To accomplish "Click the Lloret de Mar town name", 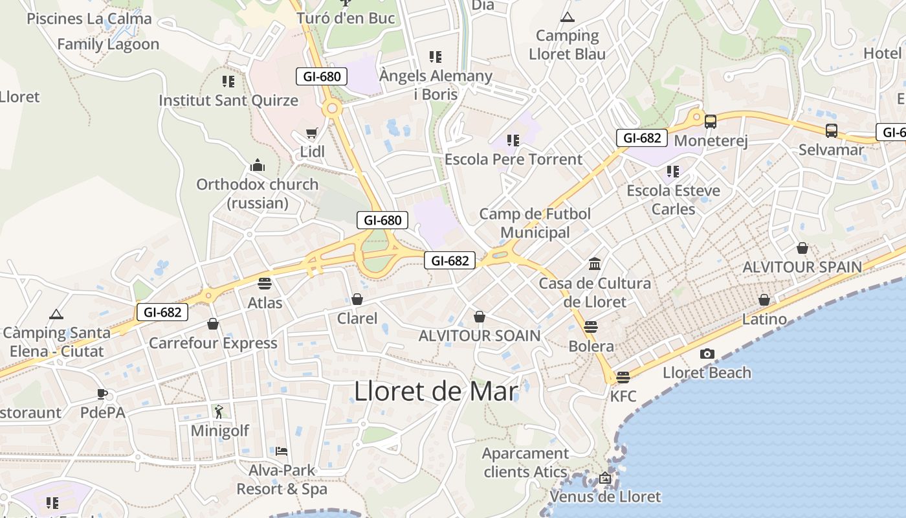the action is point(436,392).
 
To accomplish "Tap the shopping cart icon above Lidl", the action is point(312,133).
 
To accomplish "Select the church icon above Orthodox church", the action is point(258,165).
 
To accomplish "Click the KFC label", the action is point(623,396).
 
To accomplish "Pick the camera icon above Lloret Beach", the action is point(707,354).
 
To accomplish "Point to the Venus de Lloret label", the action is point(605,497).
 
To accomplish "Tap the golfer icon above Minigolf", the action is point(219,411).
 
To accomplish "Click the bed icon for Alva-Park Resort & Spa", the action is point(282,451).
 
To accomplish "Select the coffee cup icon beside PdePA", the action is point(102,394).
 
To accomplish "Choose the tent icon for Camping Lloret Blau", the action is point(568,17).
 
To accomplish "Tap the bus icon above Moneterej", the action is point(711,121).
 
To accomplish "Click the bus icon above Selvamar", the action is point(832,130).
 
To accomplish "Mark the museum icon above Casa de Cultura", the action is point(595,264).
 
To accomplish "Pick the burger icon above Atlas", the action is point(265,283).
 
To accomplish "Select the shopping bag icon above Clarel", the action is point(357,298).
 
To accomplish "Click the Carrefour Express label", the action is point(213,343).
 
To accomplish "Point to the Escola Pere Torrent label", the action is point(513,159).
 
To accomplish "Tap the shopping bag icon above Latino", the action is point(764,300).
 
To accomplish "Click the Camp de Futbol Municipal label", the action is point(535,223).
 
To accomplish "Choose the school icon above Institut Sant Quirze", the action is point(228,82).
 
